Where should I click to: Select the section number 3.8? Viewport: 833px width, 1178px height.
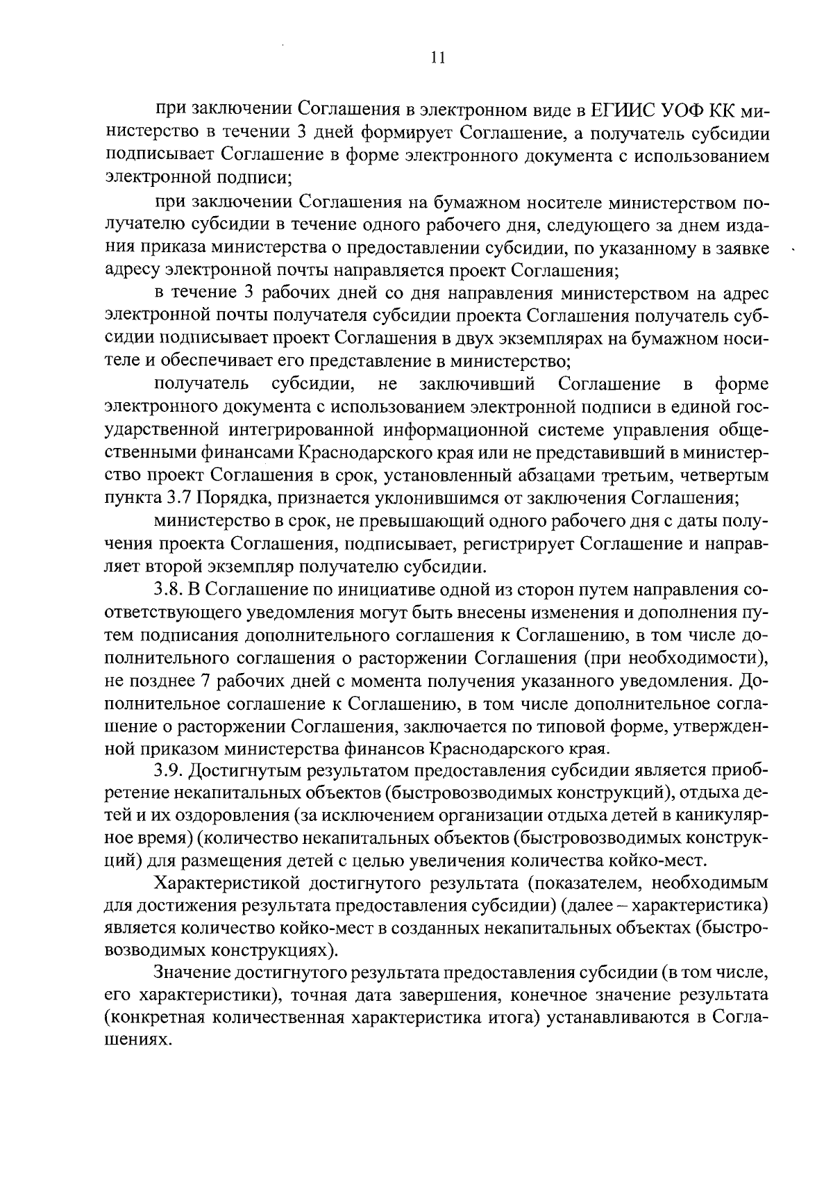click(x=167, y=590)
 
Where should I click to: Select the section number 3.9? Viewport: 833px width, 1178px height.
click(x=168, y=771)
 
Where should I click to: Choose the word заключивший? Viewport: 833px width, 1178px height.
click(x=477, y=384)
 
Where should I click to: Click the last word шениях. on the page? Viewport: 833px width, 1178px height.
click(x=137, y=1042)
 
